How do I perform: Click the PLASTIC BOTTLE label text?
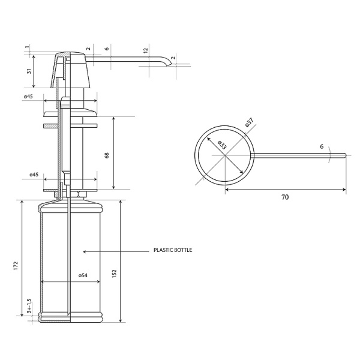tap(173, 250)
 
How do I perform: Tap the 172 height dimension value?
tap(16, 266)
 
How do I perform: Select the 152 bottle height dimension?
tap(115, 274)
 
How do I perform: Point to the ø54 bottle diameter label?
tap(83, 275)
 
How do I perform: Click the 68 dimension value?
tap(107, 155)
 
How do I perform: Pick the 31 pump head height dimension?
tap(29, 71)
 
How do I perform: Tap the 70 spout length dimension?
tap(285, 197)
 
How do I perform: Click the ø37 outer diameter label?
tap(249, 122)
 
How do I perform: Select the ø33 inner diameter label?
tap(222, 145)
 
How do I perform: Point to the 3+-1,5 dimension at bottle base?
tap(29, 306)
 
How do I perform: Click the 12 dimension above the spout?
tap(146, 50)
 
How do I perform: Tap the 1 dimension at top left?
tap(28, 47)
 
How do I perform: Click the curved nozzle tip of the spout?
tap(169, 64)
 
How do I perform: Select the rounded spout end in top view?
tap(344, 155)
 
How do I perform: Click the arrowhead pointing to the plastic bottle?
tap(85, 251)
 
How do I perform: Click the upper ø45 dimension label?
tap(28, 97)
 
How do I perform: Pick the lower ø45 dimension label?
tap(34, 175)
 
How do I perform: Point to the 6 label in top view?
tap(322, 146)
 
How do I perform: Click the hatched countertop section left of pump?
tap(50, 126)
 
